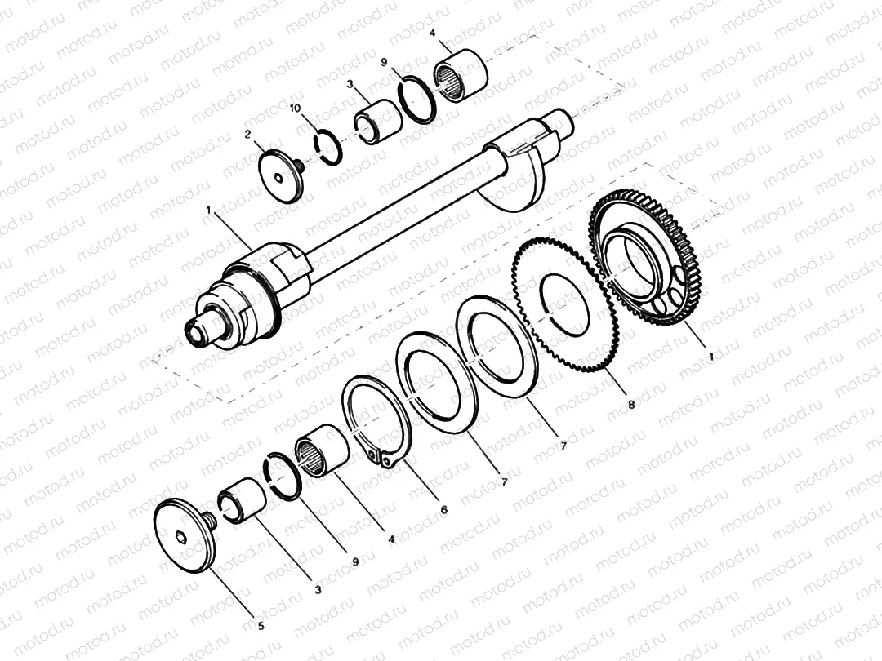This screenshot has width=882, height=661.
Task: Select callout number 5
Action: pos(261,627)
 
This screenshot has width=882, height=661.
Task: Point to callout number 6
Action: pos(443,509)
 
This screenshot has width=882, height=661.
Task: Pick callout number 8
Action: pos(630,403)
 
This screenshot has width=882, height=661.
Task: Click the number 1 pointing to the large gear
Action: pos(710,357)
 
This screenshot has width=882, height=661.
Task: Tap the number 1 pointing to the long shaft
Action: pos(210,211)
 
